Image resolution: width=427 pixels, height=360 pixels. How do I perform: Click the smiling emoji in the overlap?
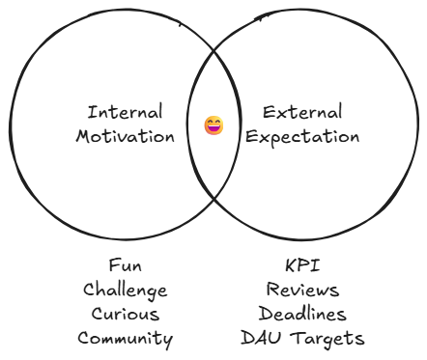click(x=213, y=125)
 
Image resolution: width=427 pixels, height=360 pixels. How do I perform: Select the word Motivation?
click(x=125, y=136)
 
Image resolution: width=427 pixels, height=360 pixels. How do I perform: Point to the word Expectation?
click(x=301, y=136)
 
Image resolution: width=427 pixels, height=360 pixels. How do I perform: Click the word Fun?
click(x=125, y=264)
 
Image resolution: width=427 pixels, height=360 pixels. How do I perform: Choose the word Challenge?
click(x=125, y=290)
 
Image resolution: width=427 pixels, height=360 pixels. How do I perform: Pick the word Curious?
click(x=125, y=314)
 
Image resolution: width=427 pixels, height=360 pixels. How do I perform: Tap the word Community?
click(x=125, y=339)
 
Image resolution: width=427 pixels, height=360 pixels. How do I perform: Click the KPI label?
click(x=301, y=264)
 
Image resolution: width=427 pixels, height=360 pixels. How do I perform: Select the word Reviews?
click(x=301, y=290)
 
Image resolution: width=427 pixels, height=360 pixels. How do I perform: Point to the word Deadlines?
click(x=301, y=314)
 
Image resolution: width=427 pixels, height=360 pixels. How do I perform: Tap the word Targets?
click(x=326, y=339)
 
